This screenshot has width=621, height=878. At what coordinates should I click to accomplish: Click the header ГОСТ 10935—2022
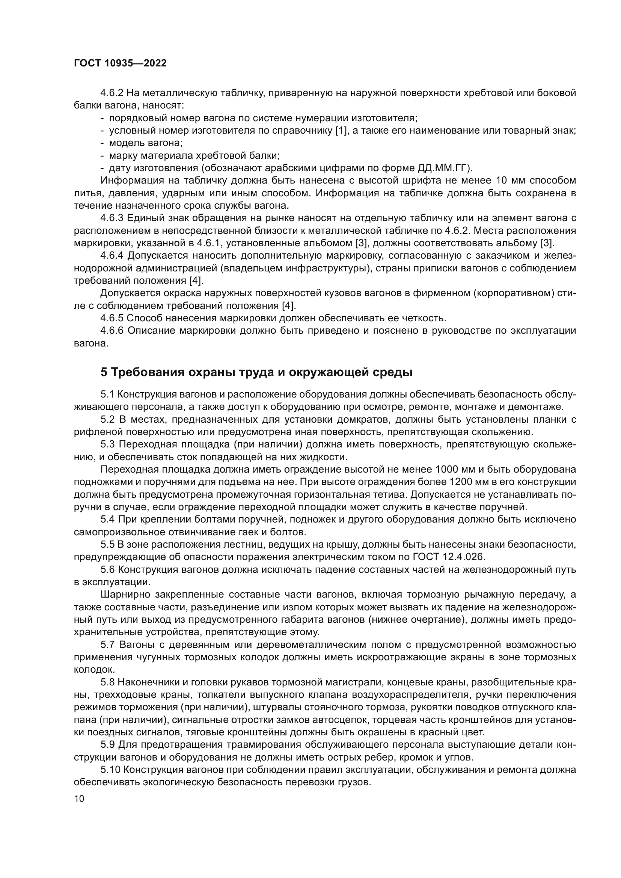(x=120, y=63)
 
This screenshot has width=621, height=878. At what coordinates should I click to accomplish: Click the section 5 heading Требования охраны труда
(x=256, y=372)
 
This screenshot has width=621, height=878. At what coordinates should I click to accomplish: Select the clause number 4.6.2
(x=112, y=93)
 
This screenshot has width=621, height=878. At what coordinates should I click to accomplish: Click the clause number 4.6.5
(x=112, y=318)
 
